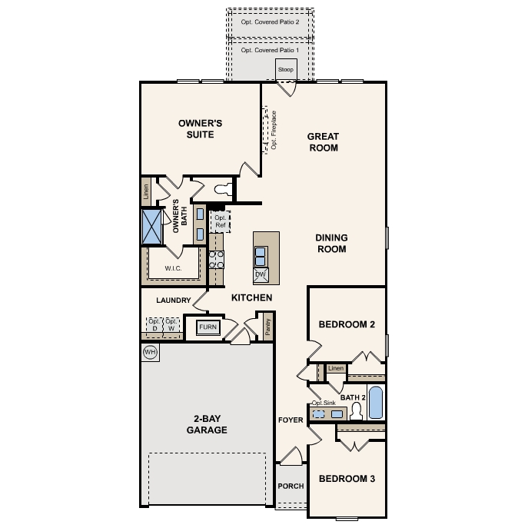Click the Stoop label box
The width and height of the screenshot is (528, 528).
(x=286, y=70)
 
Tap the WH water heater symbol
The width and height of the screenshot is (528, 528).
(x=150, y=351)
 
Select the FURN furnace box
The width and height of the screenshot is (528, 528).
(x=208, y=327)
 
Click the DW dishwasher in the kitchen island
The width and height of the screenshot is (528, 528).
(x=260, y=274)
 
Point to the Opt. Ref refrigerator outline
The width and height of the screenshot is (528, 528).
(x=221, y=222)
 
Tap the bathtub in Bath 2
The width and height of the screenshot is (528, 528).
(x=375, y=403)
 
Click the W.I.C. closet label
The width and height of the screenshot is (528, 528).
(x=172, y=268)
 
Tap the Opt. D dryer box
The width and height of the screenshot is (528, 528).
(x=153, y=325)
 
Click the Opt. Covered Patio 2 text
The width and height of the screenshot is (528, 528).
(x=270, y=22)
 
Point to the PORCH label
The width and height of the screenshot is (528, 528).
(x=291, y=486)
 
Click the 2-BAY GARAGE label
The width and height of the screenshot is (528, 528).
(x=206, y=425)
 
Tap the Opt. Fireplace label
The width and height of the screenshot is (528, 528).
(x=274, y=130)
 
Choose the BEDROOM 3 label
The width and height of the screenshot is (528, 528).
(x=347, y=479)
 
